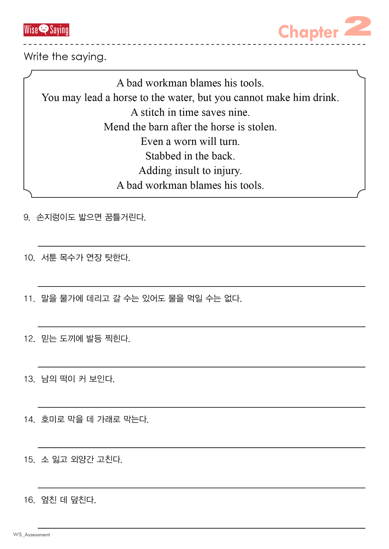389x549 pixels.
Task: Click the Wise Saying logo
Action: pos(46,30)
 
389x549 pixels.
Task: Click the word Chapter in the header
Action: pos(308,32)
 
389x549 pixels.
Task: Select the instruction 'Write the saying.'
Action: pos(65,57)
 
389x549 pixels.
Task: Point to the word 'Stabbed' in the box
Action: pos(163,156)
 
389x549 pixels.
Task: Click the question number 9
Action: pos(27,217)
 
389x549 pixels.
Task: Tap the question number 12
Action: pos(29,339)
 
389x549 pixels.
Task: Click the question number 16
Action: pos(29,500)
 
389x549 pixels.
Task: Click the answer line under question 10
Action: pos(201,286)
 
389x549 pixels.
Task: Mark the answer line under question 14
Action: pos(201,447)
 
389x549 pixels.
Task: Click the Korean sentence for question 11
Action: pos(141,298)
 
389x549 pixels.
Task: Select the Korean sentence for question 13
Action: pos(78,379)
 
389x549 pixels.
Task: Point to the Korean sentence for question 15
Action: pos(82,460)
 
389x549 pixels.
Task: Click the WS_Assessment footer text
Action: pos(31,535)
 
